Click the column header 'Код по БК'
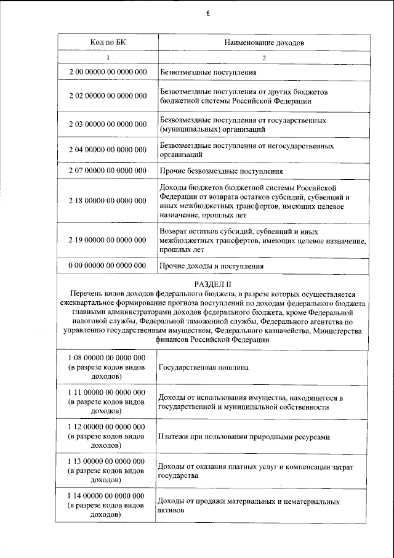click(x=108, y=42)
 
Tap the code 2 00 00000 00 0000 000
click(x=108, y=73)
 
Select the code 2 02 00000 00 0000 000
click(x=108, y=96)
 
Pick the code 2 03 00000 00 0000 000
click(x=108, y=124)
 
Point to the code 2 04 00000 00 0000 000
click(x=108, y=150)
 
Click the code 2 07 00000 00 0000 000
click(x=108, y=170)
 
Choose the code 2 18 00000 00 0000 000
click(x=108, y=201)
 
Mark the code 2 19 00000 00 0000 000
click(x=108, y=240)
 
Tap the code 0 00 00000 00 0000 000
click(x=108, y=265)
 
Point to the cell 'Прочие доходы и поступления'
click(x=211, y=266)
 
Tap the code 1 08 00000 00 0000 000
click(x=108, y=358)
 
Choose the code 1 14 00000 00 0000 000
click(x=108, y=496)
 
